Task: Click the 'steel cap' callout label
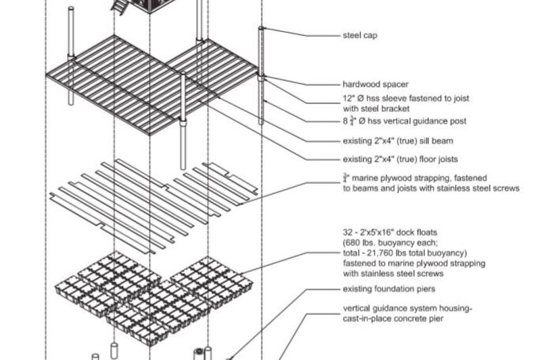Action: (x=360, y=35)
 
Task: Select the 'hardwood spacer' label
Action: (x=375, y=85)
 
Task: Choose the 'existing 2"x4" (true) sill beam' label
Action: (x=398, y=141)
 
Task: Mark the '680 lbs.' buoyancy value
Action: (x=362, y=242)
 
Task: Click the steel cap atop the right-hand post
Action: (x=262, y=28)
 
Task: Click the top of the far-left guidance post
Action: (x=71, y=9)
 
